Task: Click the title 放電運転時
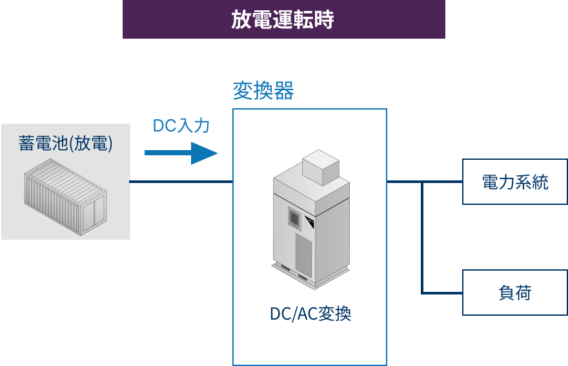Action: coord(283,19)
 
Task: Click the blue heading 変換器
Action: coord(263,90)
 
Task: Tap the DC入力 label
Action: coord(181,126)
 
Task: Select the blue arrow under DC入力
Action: coord(181,153)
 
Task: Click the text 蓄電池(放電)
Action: coord(66,143)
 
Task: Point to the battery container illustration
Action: coord(66,197)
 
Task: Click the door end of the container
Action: coord(94,213)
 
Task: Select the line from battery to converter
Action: coord(181,182)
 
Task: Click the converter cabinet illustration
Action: coord(311,219)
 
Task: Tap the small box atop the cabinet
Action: coord(321,168)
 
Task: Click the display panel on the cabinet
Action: coord(295,217)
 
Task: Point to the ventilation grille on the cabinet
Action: coord(303,256)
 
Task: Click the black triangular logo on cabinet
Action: coord(310,222)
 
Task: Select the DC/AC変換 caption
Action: coord(310,314)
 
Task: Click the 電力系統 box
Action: coord(515,182)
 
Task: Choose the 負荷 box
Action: coord(515,293)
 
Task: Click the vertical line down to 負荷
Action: coord(422,237)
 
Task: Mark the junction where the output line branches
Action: coord(422,182)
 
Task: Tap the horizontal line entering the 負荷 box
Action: coord(442,293)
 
